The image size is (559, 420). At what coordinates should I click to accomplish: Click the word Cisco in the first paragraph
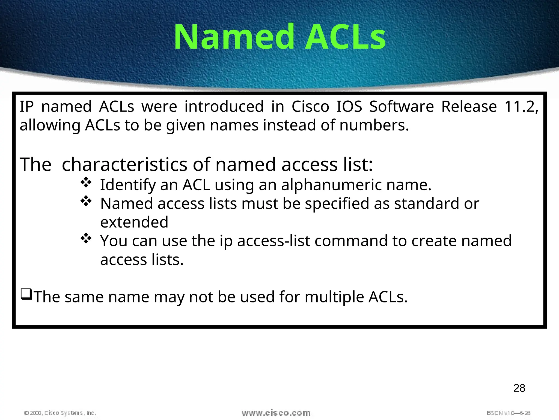click(x=310, y=106)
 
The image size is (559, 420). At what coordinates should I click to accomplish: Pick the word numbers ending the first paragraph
click(x=374, y=125)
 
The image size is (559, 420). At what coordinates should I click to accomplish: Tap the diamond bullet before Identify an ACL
click(x=86, y=183)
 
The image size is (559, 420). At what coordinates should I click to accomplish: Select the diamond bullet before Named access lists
click(x=86, y=201)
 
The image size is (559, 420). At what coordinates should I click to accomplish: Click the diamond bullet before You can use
click(x=86, y=238)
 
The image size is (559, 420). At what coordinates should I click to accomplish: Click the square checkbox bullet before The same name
click(x=26, y=294)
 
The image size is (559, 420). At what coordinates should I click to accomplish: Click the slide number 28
click(x=519, y=388)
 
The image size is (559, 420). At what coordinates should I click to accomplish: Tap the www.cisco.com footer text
click(x=276, y=413)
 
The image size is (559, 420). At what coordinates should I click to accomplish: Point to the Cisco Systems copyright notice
click(x=60, y=413)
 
